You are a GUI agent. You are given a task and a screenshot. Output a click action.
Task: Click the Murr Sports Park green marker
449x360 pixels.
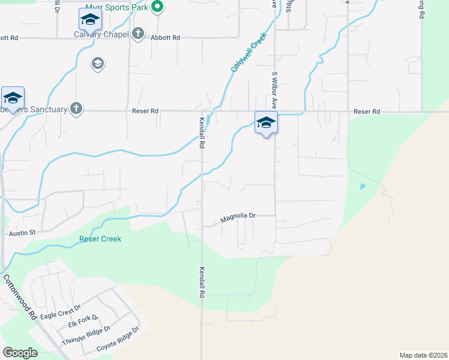click(x=157, y=8)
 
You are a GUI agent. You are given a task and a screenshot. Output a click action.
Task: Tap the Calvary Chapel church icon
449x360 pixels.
click(x=137, y=34)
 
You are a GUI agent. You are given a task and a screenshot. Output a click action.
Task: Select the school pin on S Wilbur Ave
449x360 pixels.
click(x=266, y=123)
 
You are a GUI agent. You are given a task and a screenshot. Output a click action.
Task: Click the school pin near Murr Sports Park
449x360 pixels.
click(x=90, y=20)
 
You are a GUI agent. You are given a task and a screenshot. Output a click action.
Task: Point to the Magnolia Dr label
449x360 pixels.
click(x=238, y=217)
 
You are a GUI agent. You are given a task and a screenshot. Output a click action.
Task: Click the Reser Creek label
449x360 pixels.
click(x=100, y=239)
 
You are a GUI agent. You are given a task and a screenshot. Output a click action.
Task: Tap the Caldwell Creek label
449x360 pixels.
click(x=249, y=53)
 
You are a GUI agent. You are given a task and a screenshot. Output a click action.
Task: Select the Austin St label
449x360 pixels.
click(x=23, y=232)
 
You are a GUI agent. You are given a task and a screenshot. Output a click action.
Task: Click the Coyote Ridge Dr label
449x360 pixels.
click(x=118, y=340)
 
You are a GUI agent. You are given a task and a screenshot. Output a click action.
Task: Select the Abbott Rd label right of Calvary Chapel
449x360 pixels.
click(x=166, y=37)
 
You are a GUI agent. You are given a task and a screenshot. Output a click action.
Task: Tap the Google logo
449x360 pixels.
click(x=20, y=353)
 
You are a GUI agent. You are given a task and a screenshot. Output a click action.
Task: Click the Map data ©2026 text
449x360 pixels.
click(x=423, y=355)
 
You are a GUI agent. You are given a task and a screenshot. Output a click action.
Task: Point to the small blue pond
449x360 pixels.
click(x=363, y=187)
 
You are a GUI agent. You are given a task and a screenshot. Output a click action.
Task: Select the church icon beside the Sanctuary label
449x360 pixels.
click(x=76, y=109)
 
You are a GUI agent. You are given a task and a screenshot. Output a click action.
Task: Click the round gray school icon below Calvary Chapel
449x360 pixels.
click(x=98, y=64)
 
